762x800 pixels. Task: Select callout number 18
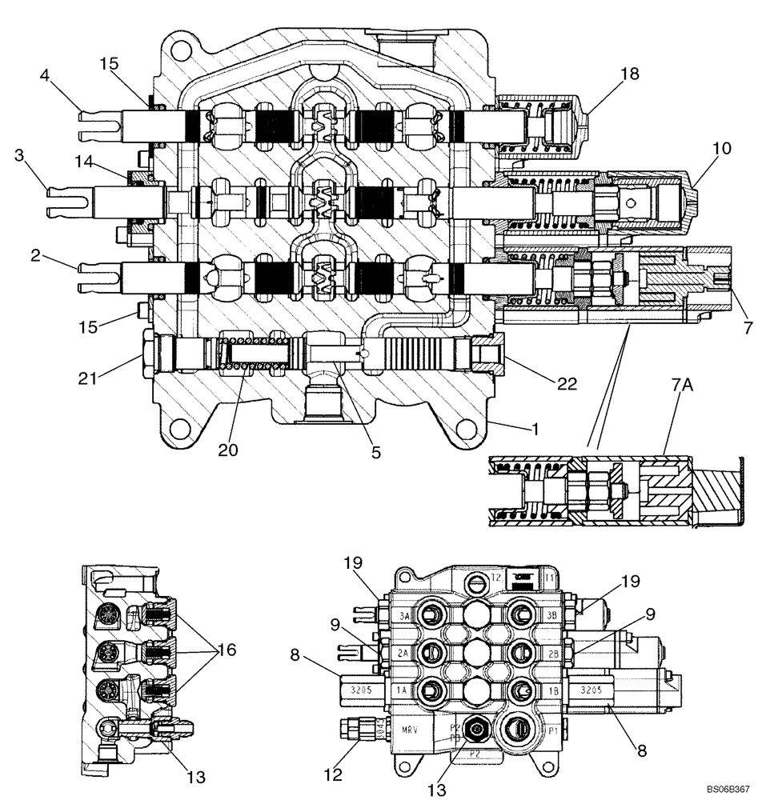pyautogui.click(x=629, y=74)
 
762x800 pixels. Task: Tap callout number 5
pyautogui.click(x=375, y=452)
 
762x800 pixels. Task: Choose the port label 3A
pyautogui.click(x=405, y=616)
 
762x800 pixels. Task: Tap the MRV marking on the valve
pyautogui.click(x=410, y=730)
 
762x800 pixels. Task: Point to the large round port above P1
pyautogui.click(x=513, y=730)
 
